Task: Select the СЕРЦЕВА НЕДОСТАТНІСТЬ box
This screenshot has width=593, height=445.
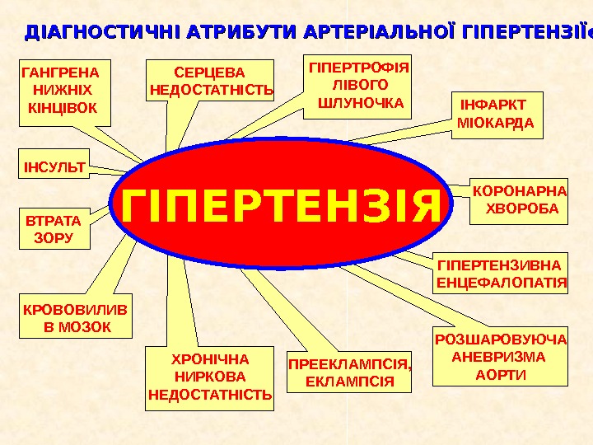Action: tap(211, 78)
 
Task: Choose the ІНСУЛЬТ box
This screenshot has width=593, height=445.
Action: tap(55, 167)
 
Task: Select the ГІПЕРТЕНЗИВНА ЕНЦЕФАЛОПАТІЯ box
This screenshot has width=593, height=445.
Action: tap(502, 274)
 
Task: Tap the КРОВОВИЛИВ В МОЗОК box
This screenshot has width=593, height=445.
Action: tap(76, 319)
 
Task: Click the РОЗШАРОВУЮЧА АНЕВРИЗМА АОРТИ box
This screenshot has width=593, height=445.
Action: tap(501, 358)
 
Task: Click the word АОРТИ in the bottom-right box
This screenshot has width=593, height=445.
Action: tap(500, 375)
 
